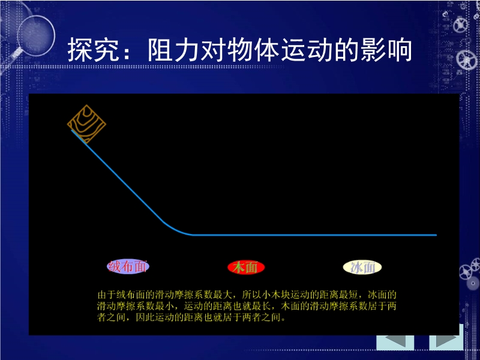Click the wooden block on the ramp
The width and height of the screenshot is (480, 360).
(x=86, y=124)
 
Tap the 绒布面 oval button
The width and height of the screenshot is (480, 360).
(x=128, y=266)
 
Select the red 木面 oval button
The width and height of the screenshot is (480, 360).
(x=246, y=268)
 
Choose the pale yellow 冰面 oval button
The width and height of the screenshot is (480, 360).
(x=362, y=267)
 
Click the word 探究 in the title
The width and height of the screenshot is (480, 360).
(x=93, y=50)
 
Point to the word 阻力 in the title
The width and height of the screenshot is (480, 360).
(x=174, y=50)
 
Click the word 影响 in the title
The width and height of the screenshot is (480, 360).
(x=386, y=50)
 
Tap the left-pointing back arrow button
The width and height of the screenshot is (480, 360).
(x=395, y=342)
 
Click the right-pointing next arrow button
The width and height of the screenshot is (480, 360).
(x=446, y=342)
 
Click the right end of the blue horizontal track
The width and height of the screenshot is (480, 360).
(x=436, y=235)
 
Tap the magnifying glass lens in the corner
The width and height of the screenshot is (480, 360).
(x=36, y=36)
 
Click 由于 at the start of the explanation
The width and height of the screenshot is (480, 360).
(x=107, y=295)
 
